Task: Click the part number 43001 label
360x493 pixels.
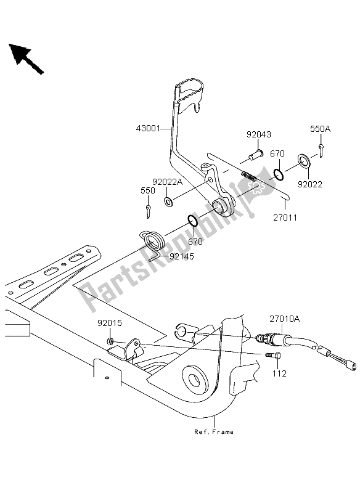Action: coord(148,129)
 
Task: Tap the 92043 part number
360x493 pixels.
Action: coord(258,134)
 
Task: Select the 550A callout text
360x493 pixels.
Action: coord(321,129)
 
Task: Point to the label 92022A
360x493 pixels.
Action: coord(167,182)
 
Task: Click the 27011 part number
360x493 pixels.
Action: coord(285,218)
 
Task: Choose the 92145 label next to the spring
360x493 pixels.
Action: coord(182,256)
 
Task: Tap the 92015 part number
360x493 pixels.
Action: coord(109,323)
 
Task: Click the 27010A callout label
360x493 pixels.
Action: coord(284,319)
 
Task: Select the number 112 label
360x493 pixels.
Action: coord(279,373)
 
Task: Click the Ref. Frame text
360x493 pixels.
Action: coord(214,432)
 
